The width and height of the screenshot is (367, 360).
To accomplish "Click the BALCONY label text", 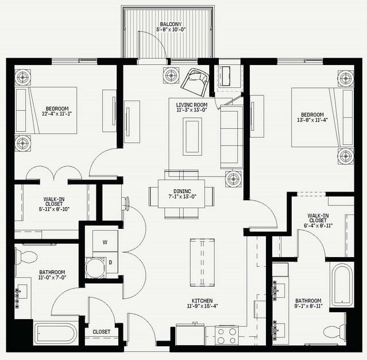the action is [x=171, y=24].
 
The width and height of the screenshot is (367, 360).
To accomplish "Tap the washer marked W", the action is [x=105, y=241].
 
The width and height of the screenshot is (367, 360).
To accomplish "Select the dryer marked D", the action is [x=105, y=263].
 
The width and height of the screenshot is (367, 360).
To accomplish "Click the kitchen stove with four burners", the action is [x=226, y=335].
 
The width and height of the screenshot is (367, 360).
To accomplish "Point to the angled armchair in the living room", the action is [x=195, y=82].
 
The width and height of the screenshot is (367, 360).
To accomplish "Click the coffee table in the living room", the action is [x=192, y=136].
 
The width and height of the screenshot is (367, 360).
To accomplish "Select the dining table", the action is [x=181, y=194].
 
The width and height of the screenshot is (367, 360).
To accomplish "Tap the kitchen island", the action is [x=202, y=262].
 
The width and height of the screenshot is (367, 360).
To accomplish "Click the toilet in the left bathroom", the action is [x=26, y=256].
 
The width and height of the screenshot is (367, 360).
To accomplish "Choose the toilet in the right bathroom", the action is [x=335, y=331].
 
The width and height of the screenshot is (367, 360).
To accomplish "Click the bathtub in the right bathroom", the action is [x=341, y=285].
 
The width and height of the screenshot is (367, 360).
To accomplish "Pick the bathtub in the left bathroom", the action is [x=56, y=334].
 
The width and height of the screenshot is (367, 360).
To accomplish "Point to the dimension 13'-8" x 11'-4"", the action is [x=312, y=120].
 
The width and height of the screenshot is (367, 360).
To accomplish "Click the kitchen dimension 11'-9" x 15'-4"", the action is [x=203, y=306].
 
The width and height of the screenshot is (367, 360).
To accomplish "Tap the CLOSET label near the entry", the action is [x=101, y=332].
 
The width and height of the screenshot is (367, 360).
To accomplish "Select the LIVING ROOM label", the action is [x=192, y=105].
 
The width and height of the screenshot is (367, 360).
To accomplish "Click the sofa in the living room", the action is [x=231, y=137].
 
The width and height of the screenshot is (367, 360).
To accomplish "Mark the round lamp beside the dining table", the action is [x=233, y=179].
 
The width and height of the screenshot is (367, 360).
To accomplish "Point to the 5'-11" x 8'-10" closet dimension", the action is [x=54, y=209].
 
